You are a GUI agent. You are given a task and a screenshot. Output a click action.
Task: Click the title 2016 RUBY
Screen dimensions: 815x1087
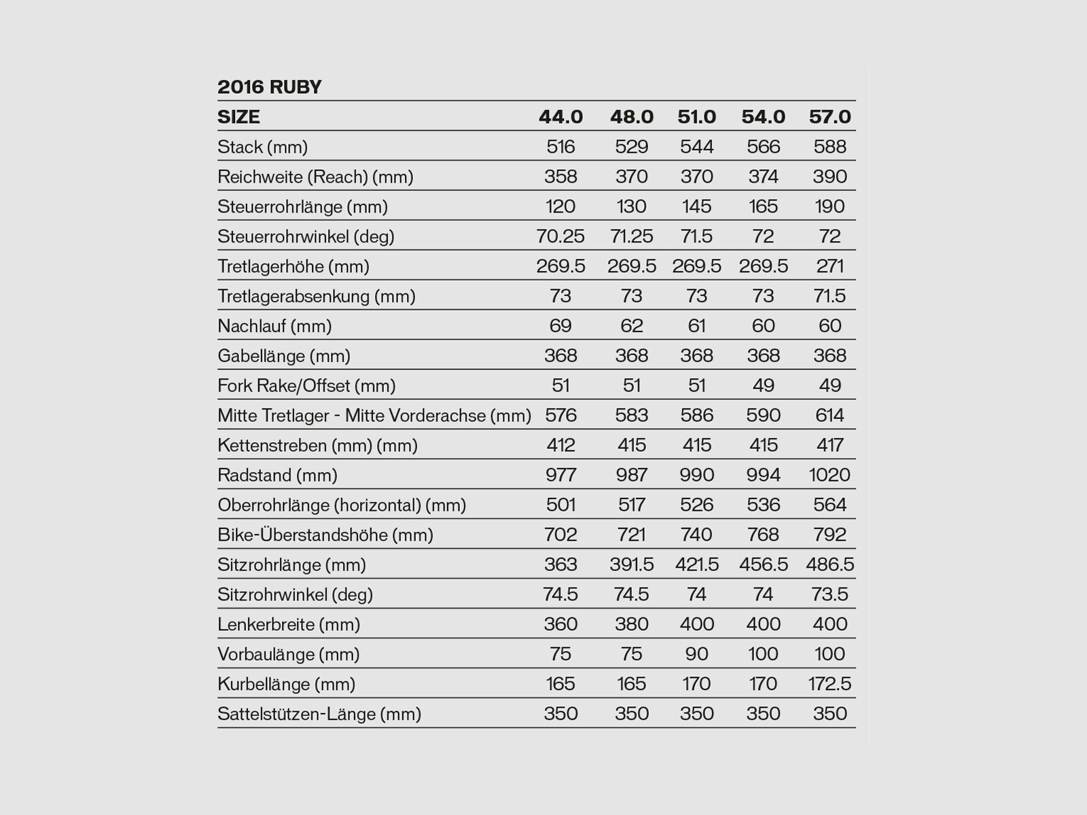[x=270, y=87]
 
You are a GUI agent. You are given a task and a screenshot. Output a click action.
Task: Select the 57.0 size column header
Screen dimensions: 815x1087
[x=830, y=117]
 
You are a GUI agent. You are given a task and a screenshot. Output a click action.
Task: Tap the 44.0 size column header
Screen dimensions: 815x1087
[x=560, y=117]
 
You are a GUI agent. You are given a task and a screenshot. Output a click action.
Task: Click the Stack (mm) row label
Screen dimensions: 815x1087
[x=262, y=147]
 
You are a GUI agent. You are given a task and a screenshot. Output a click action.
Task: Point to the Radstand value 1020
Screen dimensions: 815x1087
[x=830, y=475]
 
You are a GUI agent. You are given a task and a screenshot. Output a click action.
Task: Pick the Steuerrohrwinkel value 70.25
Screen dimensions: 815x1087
[x=560, y=236]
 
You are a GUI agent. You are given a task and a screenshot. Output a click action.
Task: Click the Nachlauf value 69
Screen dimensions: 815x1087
[x=560, y=326]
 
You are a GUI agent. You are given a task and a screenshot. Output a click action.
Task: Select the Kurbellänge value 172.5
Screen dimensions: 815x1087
[x=830, y=683]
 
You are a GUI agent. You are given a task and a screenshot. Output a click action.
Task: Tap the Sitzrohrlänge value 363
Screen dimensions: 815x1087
[x=560, y=564]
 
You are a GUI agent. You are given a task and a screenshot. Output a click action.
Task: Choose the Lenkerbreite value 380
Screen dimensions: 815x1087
[x=631, y=624]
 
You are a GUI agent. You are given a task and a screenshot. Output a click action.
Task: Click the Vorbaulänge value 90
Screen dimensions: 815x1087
[x=696, y=654]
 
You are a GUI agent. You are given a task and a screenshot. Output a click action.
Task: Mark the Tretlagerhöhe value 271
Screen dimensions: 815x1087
[x=830, y=266]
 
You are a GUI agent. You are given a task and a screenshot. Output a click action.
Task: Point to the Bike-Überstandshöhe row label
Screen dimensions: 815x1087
[x=325, y=535]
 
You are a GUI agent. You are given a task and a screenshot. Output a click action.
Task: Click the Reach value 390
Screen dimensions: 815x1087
[x=830, y=177]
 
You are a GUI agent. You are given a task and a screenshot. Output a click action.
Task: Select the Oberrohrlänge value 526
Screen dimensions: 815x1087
[x=696, y=505]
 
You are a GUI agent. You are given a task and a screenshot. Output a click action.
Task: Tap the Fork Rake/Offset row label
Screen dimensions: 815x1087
[x=306, y=386]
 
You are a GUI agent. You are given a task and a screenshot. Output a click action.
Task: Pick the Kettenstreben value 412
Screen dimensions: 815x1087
[x=560, y=446]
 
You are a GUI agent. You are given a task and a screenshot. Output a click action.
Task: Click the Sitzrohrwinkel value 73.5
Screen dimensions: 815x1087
[x=830, y=594]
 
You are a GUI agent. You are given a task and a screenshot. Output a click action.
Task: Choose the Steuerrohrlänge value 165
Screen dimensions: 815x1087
[x=763, y=206]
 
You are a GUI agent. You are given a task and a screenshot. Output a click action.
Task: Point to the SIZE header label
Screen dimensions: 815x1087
[x=238, y=117]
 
